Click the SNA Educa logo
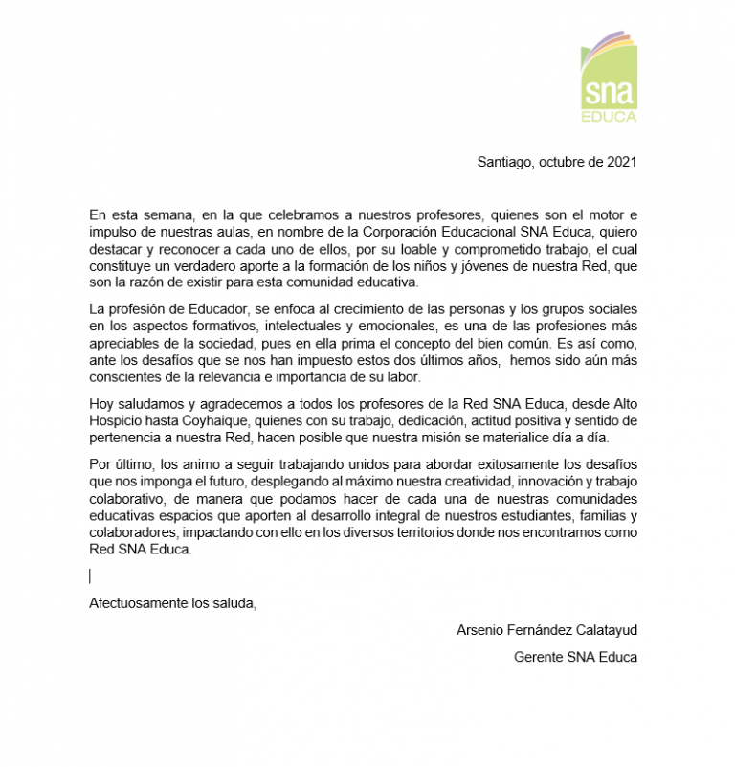[609, 77]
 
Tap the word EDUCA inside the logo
[609, 117]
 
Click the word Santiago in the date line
[504, 162]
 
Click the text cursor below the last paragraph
[90, 575]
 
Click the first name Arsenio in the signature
[482, 630]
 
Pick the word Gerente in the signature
[537, 657]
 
